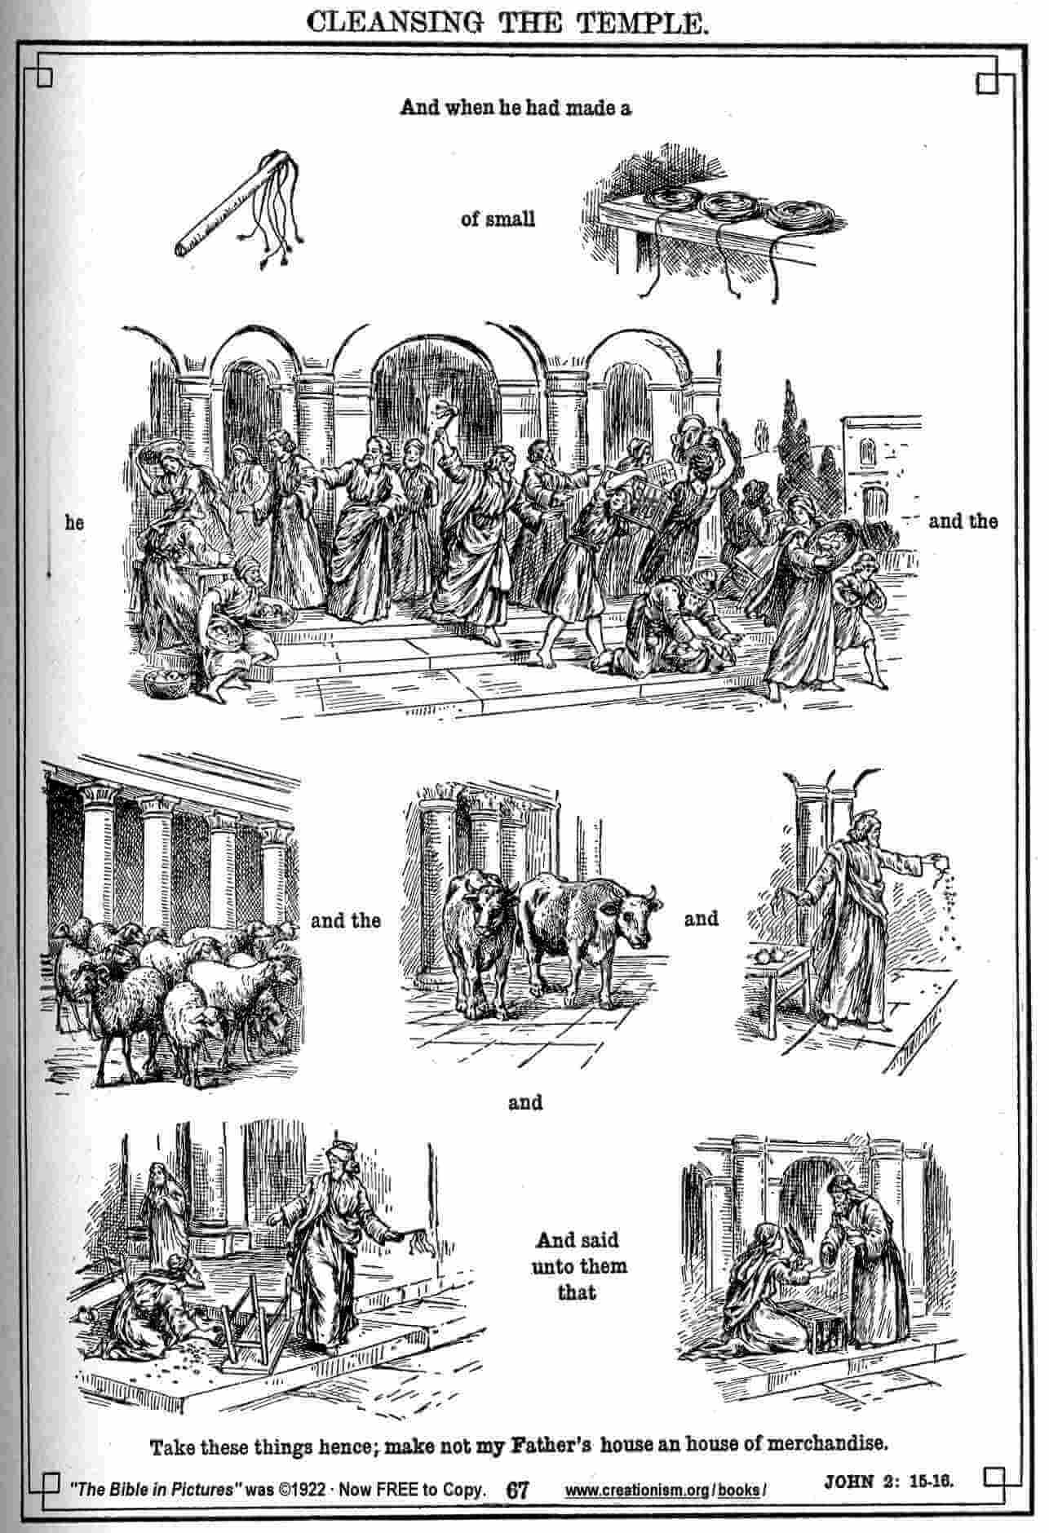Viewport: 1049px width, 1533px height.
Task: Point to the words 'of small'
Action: click(x=498, y=219)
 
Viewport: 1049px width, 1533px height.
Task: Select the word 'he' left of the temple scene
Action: click(x=74, y=522)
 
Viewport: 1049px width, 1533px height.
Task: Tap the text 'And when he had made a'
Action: click(x=516, y=108)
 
